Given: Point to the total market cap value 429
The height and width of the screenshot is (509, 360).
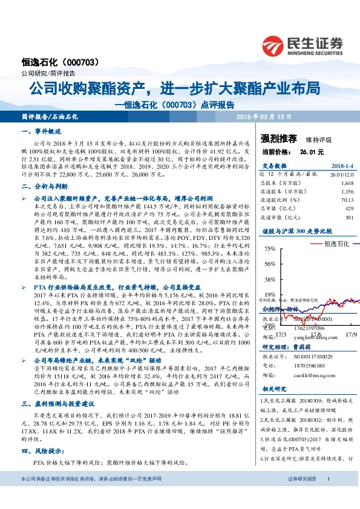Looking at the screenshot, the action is click(349, 209).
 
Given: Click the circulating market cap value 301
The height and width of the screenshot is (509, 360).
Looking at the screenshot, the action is click(349, 218).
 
